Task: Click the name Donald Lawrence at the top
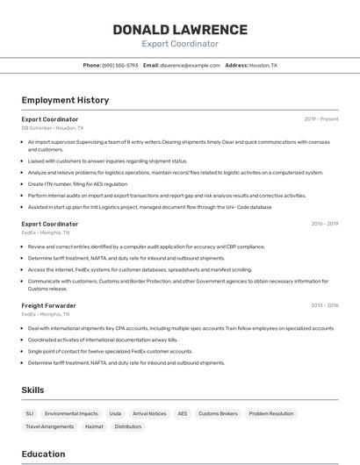(180, 30)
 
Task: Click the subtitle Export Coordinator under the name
(180, 44)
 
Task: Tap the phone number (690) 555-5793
(120, 66)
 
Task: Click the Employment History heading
(65, 100)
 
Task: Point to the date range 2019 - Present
(321, 119)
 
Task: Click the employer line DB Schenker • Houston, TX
(53, 128)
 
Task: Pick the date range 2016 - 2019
(324, 224)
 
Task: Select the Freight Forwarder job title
(48, 305)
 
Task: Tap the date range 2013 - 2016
(324, 305)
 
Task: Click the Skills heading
(32, 390)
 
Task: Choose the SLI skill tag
(30, 413)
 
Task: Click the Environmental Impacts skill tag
(71, 413)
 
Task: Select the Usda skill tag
(115, 413)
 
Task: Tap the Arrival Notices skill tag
(149, 413)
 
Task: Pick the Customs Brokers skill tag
(218, 413)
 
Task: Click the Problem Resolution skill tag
(271, 413)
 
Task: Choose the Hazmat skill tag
(94, 426)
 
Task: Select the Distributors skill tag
(128, 426)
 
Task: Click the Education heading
(43, 454)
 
